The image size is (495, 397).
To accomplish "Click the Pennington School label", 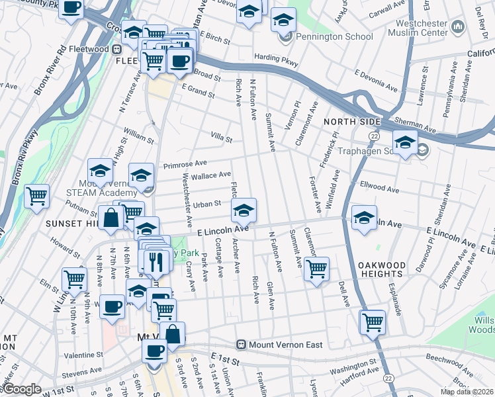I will (x=334, y=36).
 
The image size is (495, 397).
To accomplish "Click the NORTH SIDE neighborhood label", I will (x=352, y=122).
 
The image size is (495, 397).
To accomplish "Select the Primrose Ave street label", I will (x=185, y=163).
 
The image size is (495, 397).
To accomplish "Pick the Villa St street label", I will (x=222, y=139).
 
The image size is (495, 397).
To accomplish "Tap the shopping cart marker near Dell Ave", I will (x=373, y=322).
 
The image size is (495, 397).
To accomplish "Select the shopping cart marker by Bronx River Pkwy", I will (x=37, y=196).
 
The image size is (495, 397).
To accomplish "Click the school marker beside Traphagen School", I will (x=405, y=142).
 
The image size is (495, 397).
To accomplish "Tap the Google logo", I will (x=22, y=389).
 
